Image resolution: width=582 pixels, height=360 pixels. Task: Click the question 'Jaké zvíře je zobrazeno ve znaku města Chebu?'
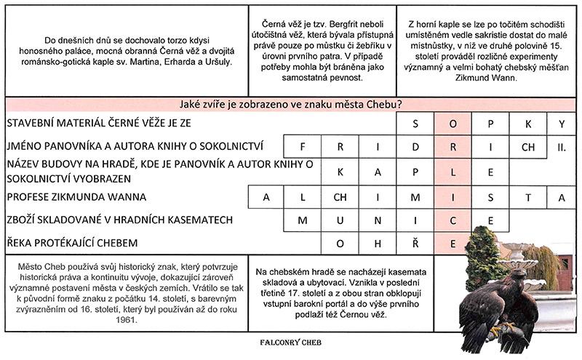point(291,103)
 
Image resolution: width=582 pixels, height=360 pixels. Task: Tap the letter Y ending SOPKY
point(562,123)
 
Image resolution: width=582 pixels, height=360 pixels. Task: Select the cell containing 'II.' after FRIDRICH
point(561,146)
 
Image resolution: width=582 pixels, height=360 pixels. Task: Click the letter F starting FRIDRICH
point(303,146)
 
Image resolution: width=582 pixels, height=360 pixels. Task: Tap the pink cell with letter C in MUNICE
point(452,220)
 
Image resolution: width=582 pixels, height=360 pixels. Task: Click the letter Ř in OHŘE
point(415,243)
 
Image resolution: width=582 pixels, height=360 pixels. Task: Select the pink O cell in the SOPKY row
point(452,123)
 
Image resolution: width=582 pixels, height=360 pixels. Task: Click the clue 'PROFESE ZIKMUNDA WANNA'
point(76,196)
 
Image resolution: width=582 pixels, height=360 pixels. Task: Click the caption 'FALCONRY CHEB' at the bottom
point(291,340)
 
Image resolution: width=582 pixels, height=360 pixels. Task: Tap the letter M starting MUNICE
point(303,220)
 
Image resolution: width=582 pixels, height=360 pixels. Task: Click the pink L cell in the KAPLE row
point(452,172)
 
